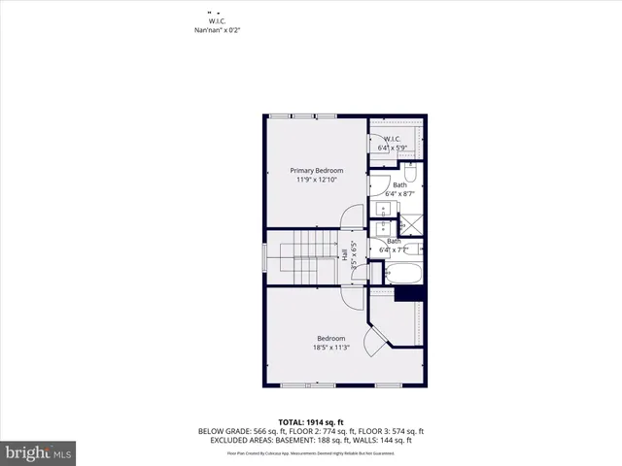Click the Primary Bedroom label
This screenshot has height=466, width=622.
click(x=316, y=170)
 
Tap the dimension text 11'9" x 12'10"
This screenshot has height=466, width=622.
click(x=316, y=179)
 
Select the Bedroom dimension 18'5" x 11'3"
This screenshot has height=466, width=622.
click(x=330, y=347)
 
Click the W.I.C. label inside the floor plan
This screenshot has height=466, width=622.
click(x=393, y=139)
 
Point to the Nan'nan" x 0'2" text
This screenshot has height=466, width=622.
click(x=217, y=30)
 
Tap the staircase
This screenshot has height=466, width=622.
click(x=307, y=257)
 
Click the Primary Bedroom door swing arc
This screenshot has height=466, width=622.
click(x=354, y=216)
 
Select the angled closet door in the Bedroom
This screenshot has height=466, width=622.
click(x=372, y=341)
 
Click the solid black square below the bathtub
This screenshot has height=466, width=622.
click(x=409, y=293)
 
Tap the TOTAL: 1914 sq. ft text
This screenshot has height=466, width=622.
click(x=310, y=421)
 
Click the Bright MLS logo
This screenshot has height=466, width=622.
click(x=39, y=452)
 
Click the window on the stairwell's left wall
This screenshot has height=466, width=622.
click(x=263, y=258)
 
